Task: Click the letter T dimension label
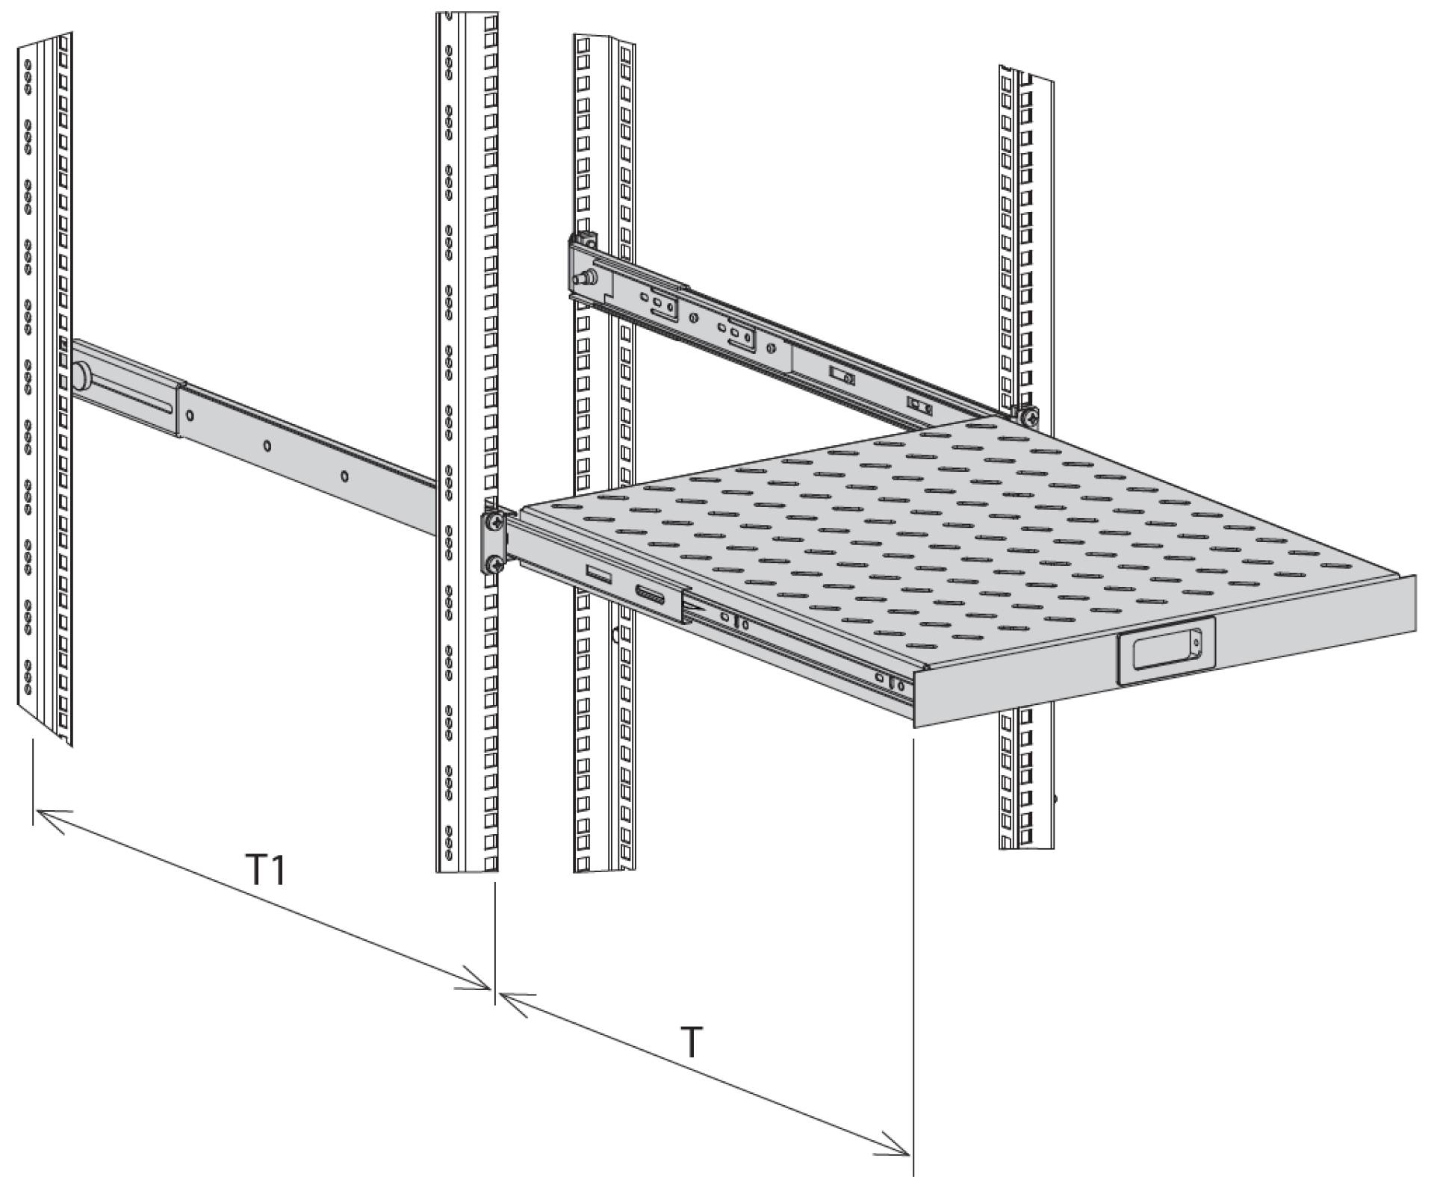pos(693,1042)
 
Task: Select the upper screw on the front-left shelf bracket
pos(494,520)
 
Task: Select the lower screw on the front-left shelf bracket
pos(494,565)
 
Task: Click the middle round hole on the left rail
pos(267,446)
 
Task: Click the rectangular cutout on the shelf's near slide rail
pos(598,574)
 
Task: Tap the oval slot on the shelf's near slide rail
pos(651,594)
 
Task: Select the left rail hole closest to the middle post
pos(344,476)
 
